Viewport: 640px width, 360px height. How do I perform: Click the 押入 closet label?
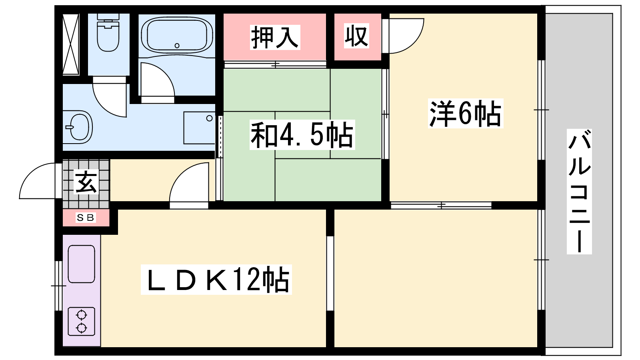pos(275,37)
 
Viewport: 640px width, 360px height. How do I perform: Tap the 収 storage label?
pos(356,36)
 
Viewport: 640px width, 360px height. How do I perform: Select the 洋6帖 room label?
pos(465,114)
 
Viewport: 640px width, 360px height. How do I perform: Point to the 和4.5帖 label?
pos(302,135)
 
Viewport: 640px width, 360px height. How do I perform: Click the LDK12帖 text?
pos(216,280)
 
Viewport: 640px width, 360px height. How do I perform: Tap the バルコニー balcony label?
pos(579,192)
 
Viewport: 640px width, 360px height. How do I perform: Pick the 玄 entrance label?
pos(86,182)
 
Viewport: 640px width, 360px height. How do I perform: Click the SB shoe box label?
pos(86,218)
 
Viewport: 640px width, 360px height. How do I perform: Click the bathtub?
pos(177,35)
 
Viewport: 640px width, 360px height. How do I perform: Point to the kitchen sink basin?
pos(82,264)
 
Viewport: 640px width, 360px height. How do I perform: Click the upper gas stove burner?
pos(82,316)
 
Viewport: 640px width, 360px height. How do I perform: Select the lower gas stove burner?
pos(82,328)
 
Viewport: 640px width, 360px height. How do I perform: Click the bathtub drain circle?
pos(177,46)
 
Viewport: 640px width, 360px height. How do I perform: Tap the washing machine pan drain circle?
pos(210,118)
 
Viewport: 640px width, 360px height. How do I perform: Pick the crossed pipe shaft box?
pos(70,44)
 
